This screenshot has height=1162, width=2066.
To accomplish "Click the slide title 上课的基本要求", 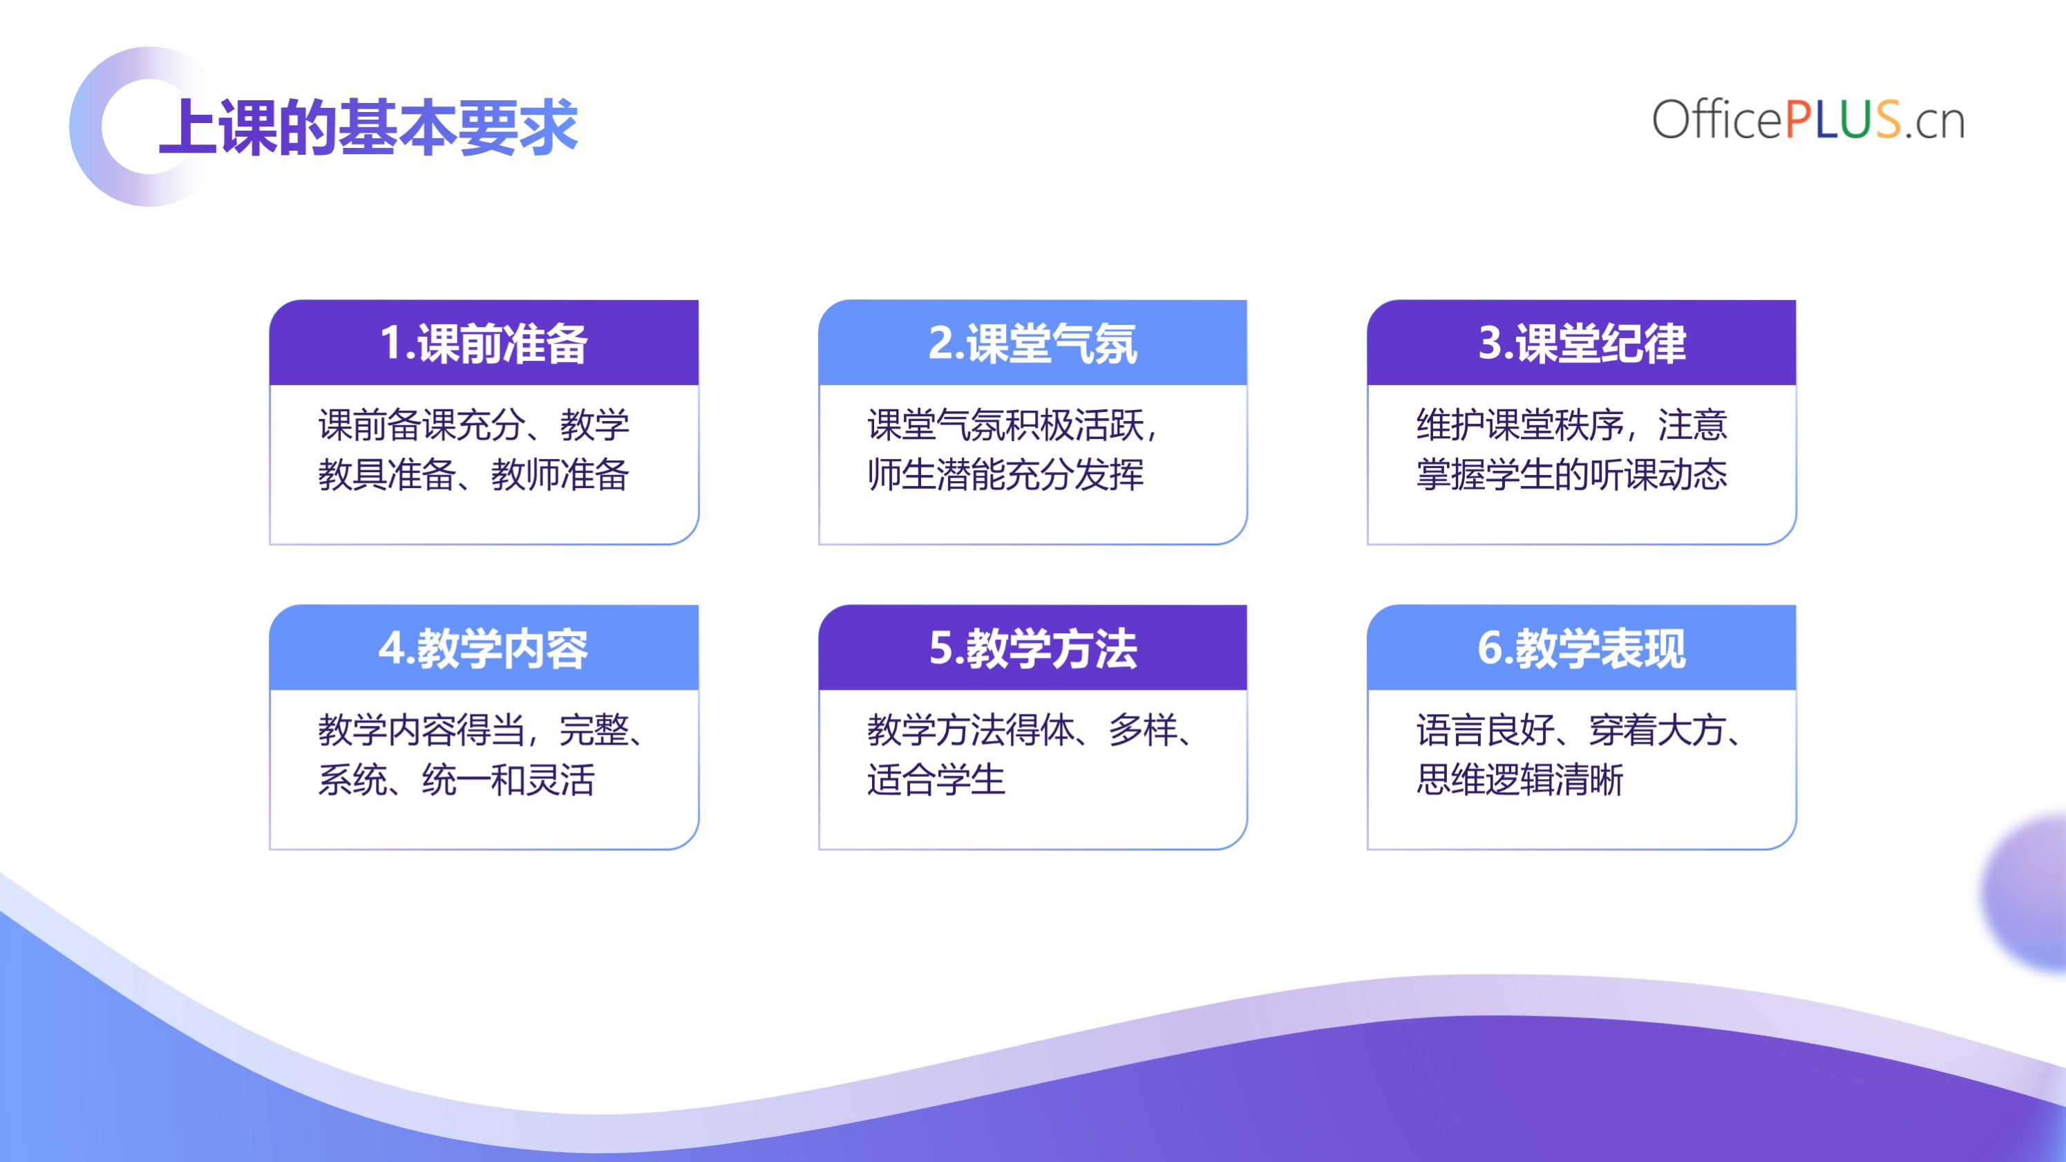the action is coord(368,126).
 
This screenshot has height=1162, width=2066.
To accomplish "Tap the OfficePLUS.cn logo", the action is coord(1808,120).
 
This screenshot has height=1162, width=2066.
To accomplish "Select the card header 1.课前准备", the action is coord(484,343).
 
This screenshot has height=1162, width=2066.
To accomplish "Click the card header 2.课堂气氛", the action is coord(1032,343).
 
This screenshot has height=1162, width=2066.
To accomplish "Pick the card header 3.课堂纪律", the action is coord(1582,343).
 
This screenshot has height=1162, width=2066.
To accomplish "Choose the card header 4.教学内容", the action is coord(484,648).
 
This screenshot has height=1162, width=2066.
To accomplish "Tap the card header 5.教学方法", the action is coord(1032,648).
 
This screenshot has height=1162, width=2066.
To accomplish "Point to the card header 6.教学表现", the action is coord(1582,648).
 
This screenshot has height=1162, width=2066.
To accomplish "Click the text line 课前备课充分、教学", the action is coord(473,424).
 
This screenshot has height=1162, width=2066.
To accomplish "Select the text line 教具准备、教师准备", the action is coord(473,474).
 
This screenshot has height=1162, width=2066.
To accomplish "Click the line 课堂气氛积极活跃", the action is coord(1006,424).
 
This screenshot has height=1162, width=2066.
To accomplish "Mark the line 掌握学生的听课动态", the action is coord(1572,474).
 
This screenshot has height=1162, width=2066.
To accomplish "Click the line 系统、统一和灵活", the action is coord(456,779).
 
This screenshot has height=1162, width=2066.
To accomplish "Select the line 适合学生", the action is coord(936,779).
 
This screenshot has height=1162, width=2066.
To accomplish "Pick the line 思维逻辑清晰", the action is coord(1520,779).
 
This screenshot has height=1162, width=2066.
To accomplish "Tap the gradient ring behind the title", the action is coord(86,126).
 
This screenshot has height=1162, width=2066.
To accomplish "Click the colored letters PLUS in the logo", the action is coord(1842,120).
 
